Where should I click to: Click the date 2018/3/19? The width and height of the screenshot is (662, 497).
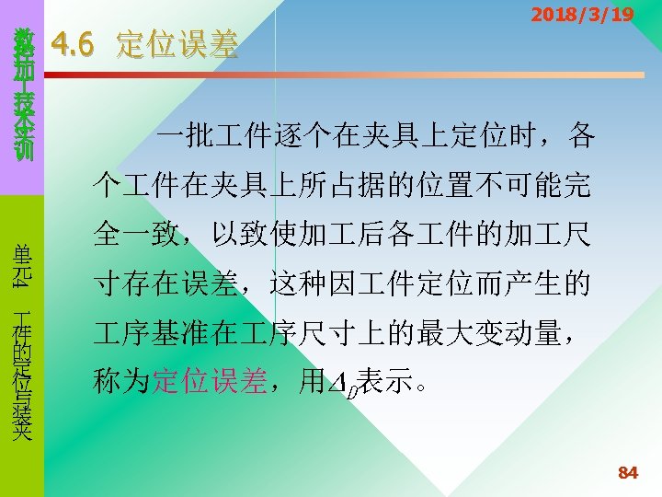(x=582, y=15)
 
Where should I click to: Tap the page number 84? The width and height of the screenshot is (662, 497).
(x=628, y=473)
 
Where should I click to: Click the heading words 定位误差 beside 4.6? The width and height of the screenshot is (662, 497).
(x=177, y=44)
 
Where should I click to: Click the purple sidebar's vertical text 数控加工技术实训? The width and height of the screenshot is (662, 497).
(x=22, y=92)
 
